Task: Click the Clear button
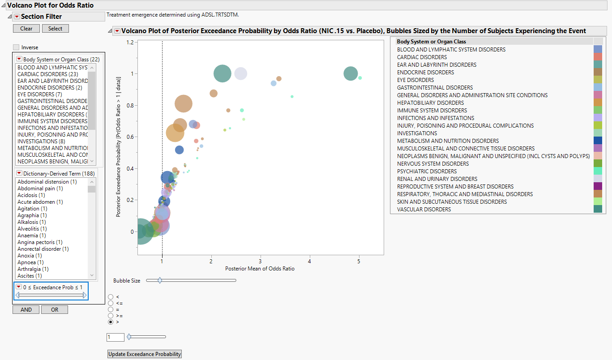click(26, 28)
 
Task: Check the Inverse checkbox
click(17, 47)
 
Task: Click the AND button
click(26, 309)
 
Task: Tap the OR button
click(55, 309)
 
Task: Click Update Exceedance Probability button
click(145, 354)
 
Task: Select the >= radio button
click(111, 316)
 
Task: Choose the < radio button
click(111, 297)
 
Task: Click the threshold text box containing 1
click(115, 337)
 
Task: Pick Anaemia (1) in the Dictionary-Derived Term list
click(31, 236)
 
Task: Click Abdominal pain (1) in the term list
click(40, 189)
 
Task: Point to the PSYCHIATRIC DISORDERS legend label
click(427, 171)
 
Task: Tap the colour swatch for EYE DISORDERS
click(598, 80)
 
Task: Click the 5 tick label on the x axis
click(359, 261)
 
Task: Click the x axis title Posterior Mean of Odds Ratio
click(260, 269)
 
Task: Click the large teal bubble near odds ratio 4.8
click(351, 74)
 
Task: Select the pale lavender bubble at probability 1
click(240, 74)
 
